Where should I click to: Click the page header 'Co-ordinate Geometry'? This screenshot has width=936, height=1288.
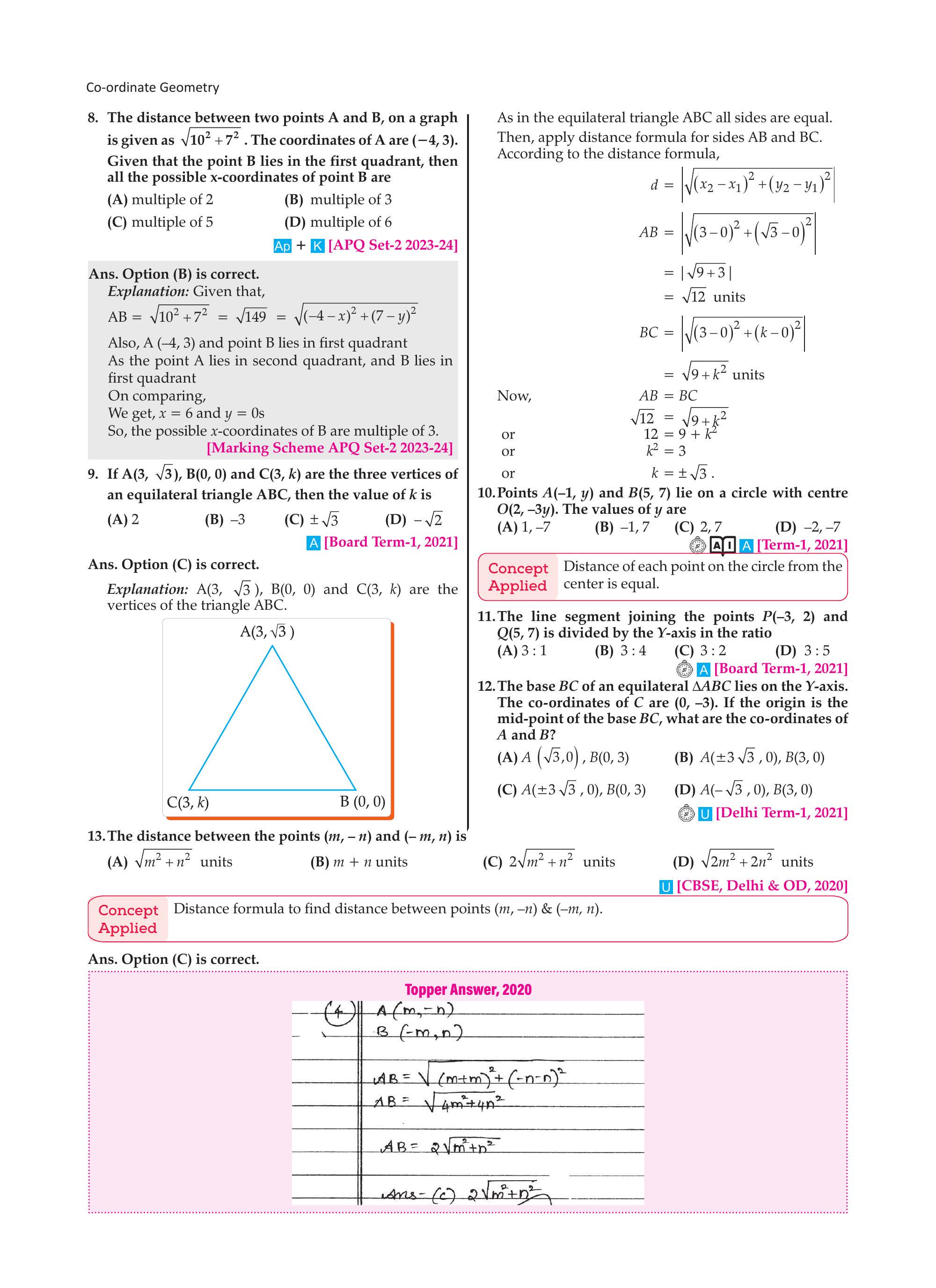click(x=152, y=88)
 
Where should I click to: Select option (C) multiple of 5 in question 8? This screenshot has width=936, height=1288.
click(x=160, y=222)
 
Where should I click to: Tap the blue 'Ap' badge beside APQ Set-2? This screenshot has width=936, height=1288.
click(x=282, y=246)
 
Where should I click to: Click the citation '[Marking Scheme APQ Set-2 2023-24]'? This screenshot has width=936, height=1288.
click(x=329, y=448)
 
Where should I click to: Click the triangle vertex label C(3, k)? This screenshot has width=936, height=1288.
click(x=188, y=802)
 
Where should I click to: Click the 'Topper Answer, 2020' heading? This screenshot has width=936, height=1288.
click(x=468, y=989)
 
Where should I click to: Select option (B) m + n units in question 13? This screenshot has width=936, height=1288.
click(x=359, y=862)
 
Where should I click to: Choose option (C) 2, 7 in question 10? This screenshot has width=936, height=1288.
click(x=698, y=527)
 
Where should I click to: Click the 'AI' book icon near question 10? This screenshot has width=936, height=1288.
click(x=723, y=546)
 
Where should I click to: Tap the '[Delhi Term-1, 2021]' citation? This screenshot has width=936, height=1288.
click(x=781, y=813)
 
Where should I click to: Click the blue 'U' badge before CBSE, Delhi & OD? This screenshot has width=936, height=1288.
click(x=666, y=887)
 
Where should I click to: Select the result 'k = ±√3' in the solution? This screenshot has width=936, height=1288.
click(x=682, y=473)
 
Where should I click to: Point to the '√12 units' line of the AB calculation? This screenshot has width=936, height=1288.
click(x=714, y=297)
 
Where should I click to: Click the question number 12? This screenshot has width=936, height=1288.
click(x=486, y=686)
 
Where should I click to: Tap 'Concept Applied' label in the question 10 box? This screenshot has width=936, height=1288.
click(x=517, y=577)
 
